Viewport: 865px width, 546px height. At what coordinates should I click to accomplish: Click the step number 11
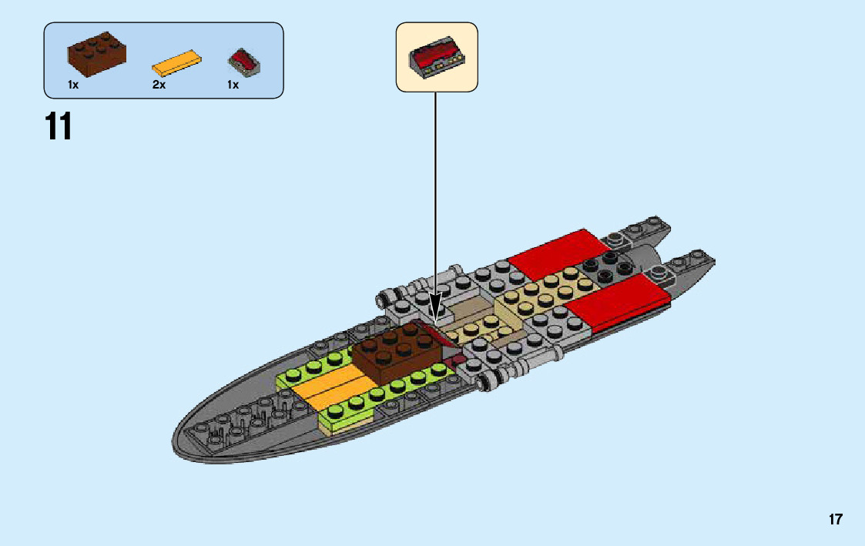click(59, 127)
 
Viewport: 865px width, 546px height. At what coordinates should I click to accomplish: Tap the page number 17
click(836, 520)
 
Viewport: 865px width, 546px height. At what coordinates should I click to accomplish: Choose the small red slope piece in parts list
click(244, 61)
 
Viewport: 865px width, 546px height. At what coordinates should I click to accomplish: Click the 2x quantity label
click(159, 85)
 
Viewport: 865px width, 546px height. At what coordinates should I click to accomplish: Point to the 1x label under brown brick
click(73, 85)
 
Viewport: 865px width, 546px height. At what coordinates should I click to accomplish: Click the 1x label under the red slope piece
click(233, 85)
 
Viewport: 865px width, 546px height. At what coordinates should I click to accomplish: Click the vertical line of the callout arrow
click(436, 193)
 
